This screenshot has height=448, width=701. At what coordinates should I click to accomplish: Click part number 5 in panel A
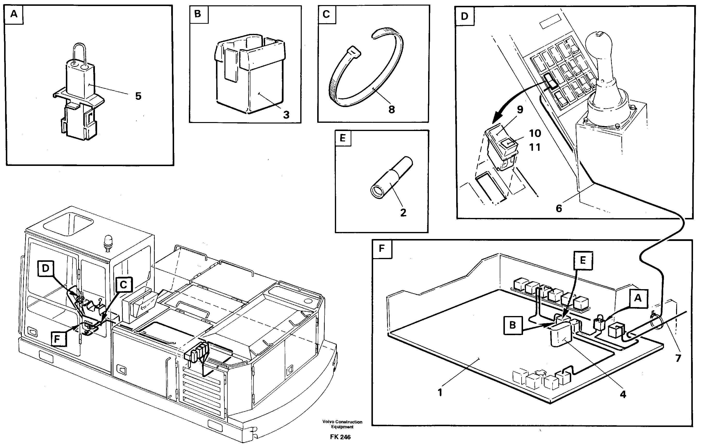138,96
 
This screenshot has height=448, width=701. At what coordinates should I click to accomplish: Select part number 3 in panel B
286,115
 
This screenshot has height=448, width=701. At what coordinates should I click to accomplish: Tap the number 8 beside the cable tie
392,110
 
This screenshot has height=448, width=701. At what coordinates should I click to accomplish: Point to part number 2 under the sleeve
403,213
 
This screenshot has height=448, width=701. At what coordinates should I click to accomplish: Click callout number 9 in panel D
520,110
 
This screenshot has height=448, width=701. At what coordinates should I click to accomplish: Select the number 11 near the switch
534,147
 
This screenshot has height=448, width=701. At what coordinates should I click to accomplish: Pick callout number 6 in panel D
559,209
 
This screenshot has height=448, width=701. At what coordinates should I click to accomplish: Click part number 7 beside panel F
678,358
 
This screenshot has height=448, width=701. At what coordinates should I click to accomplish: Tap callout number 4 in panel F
623,394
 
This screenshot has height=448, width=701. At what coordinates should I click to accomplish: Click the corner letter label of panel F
382,249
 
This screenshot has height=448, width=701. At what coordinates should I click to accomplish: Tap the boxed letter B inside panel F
512,325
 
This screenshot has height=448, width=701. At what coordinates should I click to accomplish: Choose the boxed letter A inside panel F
638,298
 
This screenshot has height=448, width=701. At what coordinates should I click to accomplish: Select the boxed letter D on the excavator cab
46,268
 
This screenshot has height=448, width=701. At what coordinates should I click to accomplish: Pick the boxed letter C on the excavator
123,284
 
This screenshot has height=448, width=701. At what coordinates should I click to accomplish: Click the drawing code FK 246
340,437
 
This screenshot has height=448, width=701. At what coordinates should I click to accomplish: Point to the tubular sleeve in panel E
392,178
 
